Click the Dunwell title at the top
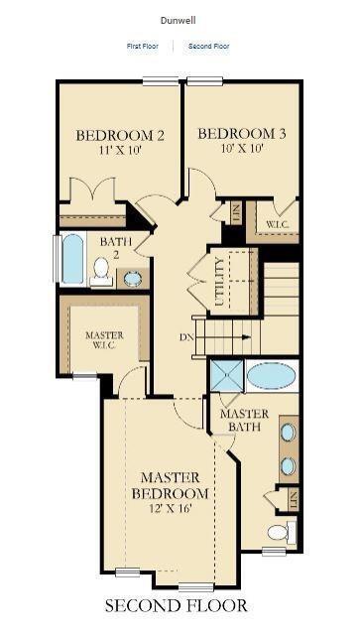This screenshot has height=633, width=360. click(180, 19)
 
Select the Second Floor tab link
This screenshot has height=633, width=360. click(208, 46)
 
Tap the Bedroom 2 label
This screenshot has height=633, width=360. click(119, 136)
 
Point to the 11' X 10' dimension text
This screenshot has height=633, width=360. click(119, 152)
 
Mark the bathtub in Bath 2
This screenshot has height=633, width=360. click(72, 259)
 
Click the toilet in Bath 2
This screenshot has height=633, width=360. click(101, 270)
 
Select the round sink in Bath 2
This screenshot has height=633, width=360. click(132, 278)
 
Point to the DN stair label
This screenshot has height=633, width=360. click(185, 337)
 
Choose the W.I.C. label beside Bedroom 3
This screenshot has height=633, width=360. click(277, 225)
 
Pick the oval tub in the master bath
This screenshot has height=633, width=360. click(271, 376)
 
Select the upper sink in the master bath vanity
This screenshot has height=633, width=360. click(288, 433)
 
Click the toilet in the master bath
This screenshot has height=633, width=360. click(279, 533)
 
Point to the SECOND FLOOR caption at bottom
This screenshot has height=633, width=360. click(177, 604)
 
